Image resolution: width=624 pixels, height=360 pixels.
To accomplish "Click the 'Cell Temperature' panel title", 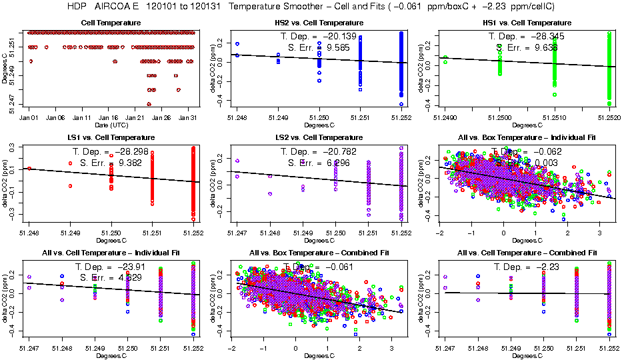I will pos(111,23).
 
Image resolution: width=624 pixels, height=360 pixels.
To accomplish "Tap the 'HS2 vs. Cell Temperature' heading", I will pos(319,23).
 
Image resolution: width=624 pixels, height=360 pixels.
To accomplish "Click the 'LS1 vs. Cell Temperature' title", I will pos(111,138).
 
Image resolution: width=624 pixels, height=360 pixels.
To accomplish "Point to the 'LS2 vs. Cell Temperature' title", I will pos(319,138).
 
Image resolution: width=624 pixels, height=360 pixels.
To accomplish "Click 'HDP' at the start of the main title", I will pos(78,6).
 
